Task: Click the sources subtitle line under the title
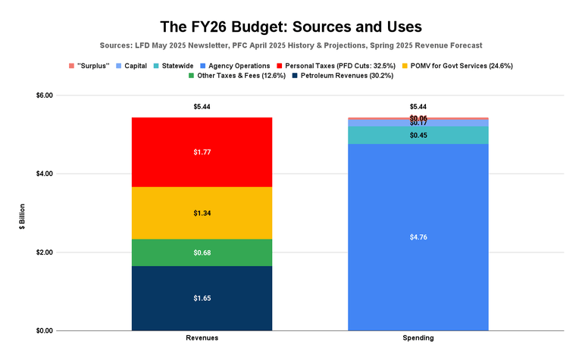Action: (291, 45)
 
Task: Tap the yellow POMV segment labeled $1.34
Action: (202, 213)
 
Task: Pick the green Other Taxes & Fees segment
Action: (202, 252)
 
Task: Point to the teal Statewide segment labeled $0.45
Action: (418, 135)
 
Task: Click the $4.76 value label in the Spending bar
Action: (418, 237)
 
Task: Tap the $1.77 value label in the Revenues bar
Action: (202, 152)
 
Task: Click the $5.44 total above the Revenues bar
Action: (202, 107)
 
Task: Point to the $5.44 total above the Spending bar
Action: (418, 107)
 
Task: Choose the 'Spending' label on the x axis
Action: (418, 338)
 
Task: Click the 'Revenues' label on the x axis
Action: (202, 338)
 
